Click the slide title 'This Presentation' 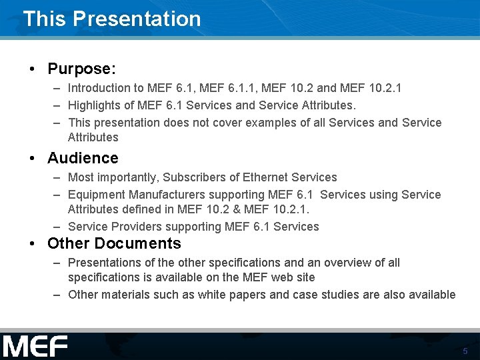(x=112, y=19)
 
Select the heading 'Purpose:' (x=82, y=69)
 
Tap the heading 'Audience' (x=83, y=158)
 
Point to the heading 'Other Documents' (x=114, y=243)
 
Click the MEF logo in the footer (x=35, y=347)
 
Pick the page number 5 (x=465, y=351)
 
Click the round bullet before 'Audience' (x=32, y=159)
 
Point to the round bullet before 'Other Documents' (x=32, y=244)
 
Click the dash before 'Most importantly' (x=58, y=178)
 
